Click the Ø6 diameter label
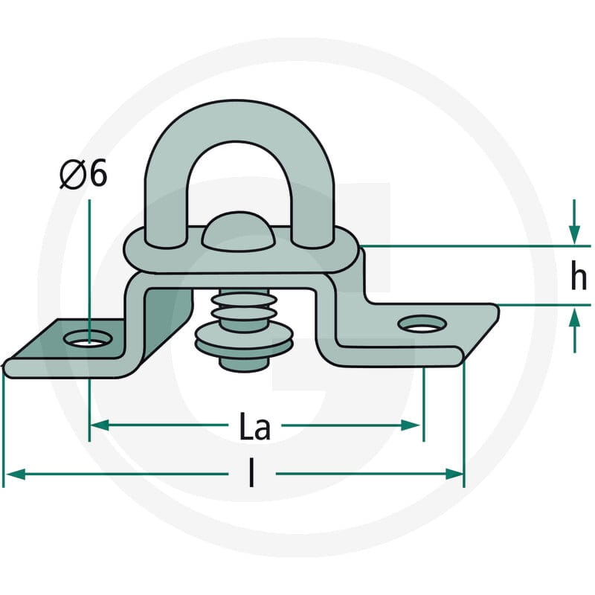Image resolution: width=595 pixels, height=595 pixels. click(84, 174)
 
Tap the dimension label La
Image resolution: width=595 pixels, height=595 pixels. click(255, 425)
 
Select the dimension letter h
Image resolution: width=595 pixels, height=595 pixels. click(579, 276)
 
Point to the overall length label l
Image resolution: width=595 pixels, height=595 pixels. click(251, 473)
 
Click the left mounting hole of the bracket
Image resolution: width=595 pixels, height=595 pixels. click(89, 338)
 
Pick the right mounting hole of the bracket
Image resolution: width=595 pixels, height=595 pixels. click(422, 324)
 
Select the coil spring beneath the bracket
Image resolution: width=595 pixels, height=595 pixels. click(244, 308)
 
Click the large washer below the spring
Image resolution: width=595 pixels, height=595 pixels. click(244, 340)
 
